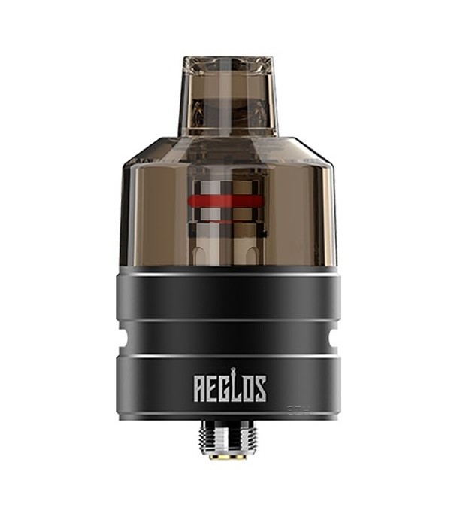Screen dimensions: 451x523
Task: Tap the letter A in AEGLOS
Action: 200,389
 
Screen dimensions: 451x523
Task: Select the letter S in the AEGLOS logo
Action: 260,389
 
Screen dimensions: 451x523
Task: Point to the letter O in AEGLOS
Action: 247,389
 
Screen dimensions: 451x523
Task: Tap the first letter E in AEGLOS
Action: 212,389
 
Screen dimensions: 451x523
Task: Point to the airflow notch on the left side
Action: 120,338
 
